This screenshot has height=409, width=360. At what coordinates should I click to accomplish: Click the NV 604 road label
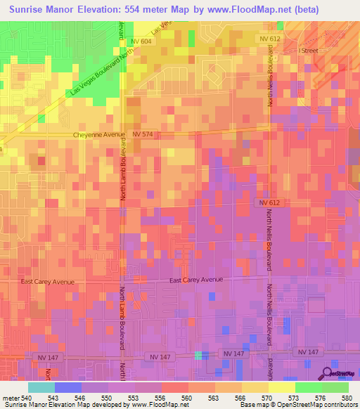(141, 42)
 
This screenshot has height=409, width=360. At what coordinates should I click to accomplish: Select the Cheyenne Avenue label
(99, 134)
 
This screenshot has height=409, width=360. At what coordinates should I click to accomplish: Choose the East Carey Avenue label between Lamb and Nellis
(196, 280)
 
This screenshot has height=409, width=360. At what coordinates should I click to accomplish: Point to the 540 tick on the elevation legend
(27, 397)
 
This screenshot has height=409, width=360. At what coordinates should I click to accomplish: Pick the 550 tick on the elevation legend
(108, 397)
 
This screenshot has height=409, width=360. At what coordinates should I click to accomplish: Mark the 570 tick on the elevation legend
(268, 397)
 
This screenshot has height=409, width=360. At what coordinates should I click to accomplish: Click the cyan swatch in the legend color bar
(41, 387)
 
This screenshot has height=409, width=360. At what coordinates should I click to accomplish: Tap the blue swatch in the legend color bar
(67, 387)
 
